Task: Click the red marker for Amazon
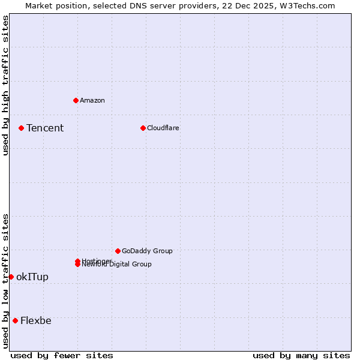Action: coord(76,100)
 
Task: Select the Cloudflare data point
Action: coord(143,128)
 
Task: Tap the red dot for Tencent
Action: coord(21,128)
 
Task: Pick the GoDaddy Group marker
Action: coord(118,251)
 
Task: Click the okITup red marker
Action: coord(11,277)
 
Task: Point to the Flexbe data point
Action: coord(15,320)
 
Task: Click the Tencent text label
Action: coord(45,128)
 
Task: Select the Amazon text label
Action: coord(92,100)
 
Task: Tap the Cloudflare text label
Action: coord(163,128)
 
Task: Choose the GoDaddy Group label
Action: coord(147,251)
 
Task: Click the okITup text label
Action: coord(32,277)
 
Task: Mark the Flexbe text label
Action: coord(36,320)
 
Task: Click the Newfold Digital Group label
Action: coord(118,265)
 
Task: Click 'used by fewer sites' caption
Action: coord(62,355)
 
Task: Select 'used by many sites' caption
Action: coord(301,355)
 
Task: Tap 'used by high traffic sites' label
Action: coord(5,85)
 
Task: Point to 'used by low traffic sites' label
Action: coord(5,281)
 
